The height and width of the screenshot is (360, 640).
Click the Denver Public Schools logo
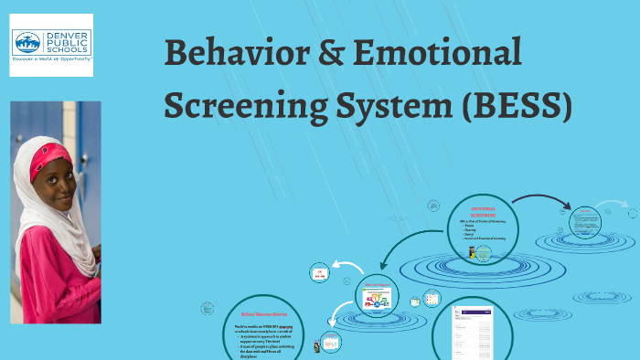(x=51, y=41)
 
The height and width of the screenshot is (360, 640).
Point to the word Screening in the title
(x=241, y=106)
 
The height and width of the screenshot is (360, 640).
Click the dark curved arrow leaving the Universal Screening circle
(x=539, y=199)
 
